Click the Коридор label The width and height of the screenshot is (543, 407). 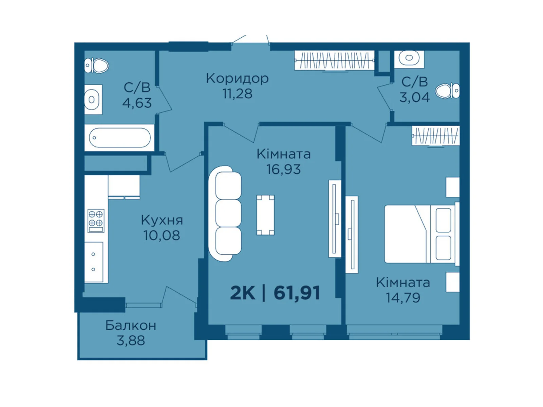(237, 79)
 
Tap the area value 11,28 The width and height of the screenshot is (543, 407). (237, 94)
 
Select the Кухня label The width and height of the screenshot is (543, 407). (162, 220)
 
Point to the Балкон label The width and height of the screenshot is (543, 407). (131, 326)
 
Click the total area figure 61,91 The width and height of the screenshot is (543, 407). (297, 293)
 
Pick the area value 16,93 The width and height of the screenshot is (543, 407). (283, 169)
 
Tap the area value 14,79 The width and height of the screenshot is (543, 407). (403, 298)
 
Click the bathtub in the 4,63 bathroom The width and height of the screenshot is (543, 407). (119, 138)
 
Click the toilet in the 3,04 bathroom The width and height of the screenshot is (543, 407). (448, 91)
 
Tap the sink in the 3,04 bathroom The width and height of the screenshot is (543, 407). (409, 58)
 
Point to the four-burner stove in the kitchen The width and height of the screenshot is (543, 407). (96, 220)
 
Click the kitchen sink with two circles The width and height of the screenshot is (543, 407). (94, 262)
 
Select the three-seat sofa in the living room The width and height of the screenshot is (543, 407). (225, 213)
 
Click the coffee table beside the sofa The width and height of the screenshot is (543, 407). (265, 215)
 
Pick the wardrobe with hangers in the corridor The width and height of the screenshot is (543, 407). (334, 61)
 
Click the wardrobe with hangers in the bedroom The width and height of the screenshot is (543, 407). (435, 136)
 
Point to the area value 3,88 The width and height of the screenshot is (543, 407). (131, 341)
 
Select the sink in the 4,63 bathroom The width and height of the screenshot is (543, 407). (92, 100)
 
